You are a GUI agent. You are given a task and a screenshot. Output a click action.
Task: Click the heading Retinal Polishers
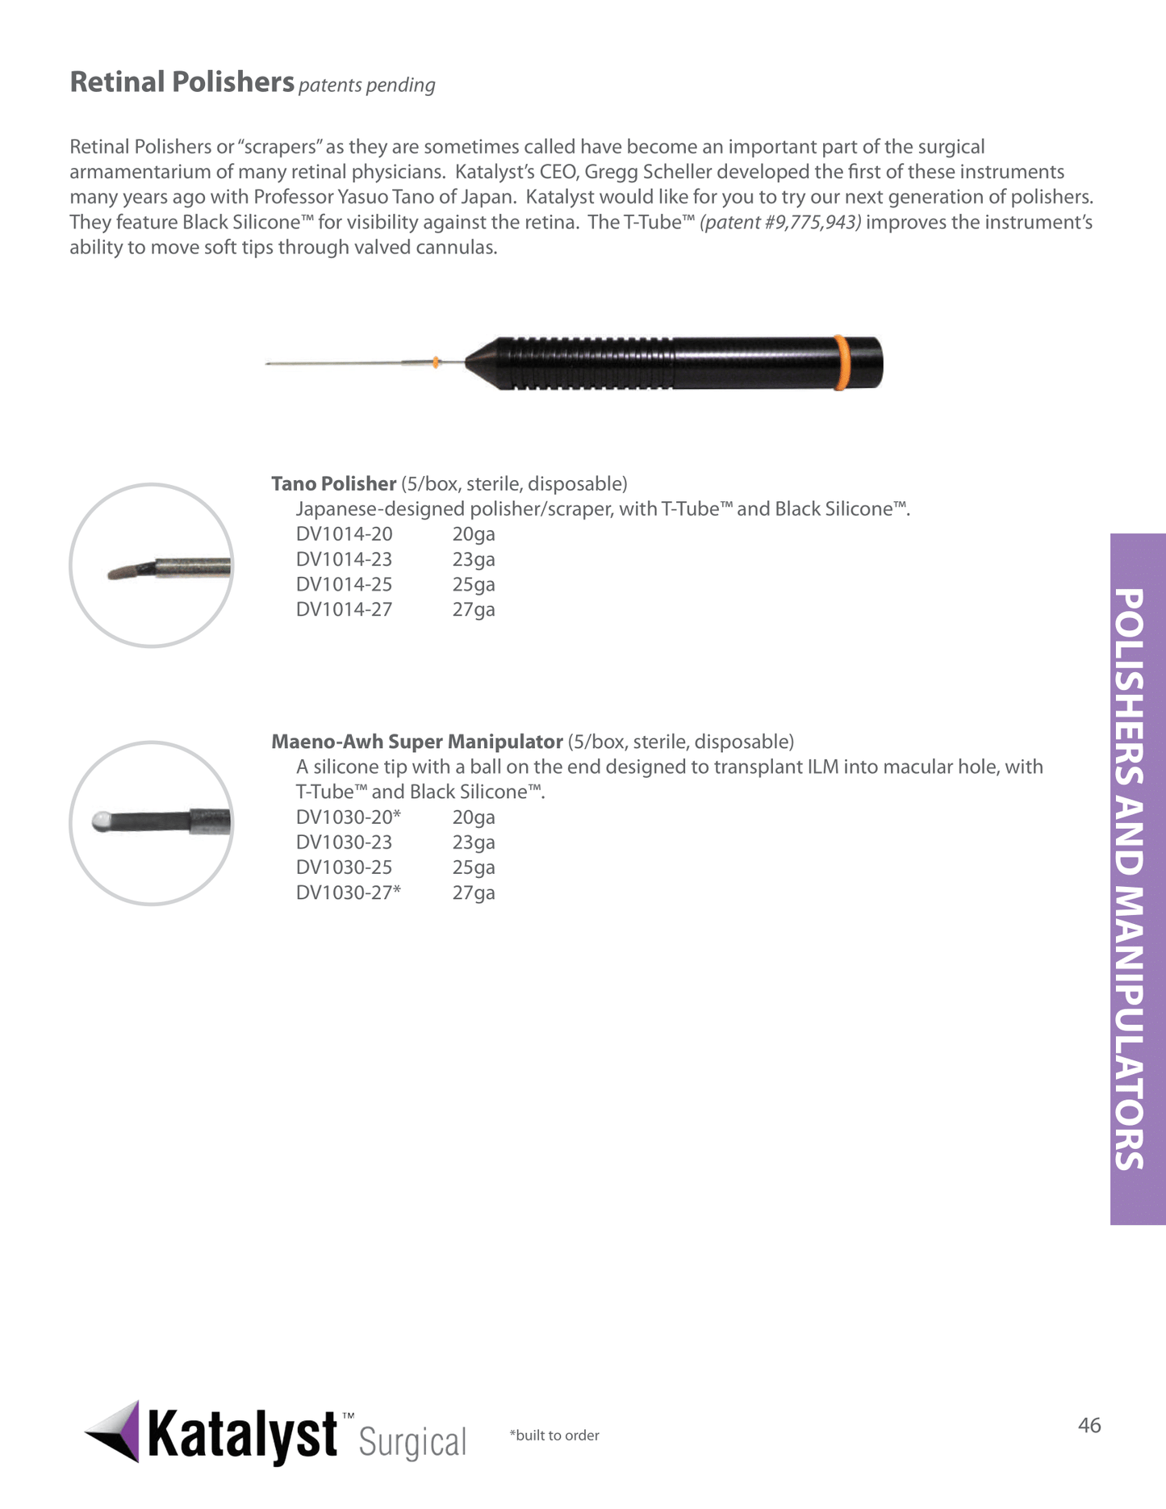(x=182, y=82)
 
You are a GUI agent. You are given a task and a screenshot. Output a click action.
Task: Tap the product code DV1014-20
(x=344, y=534)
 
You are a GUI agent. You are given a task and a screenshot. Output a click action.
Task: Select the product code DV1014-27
(x=344, y=609)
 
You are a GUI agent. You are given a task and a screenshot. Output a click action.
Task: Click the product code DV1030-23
(x=344, y=842)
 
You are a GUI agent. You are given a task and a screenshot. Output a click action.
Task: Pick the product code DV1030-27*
(x=348, y=892)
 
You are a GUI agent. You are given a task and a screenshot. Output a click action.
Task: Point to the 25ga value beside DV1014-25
(x=474, y=584)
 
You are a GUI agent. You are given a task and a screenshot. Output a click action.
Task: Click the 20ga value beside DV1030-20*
(x=474, y=817)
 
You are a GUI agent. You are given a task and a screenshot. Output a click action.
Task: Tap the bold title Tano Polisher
(x=333, y=483)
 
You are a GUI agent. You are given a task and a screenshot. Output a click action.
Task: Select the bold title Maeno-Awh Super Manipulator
(x=416, y=742)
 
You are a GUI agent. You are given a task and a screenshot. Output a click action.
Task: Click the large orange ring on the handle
(x=840, y=363)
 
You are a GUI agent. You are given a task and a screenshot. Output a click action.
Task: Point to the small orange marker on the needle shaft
(x=436, y=362)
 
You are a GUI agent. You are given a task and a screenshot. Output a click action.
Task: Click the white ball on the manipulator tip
(x=100, y=822)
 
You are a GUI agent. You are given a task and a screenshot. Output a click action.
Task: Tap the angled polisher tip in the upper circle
(x=128, y=572)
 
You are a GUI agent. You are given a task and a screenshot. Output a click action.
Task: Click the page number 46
(x=1089, y=1425)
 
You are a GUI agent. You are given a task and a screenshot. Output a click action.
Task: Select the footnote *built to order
(x=554, y=1436)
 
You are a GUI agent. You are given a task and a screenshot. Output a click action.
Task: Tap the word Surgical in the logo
(x=412, y=1442)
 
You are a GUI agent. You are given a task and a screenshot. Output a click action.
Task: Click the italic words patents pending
(x=366, y=85)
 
